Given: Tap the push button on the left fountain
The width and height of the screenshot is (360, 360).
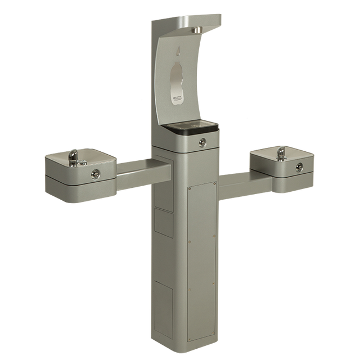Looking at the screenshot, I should [93, 173].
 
